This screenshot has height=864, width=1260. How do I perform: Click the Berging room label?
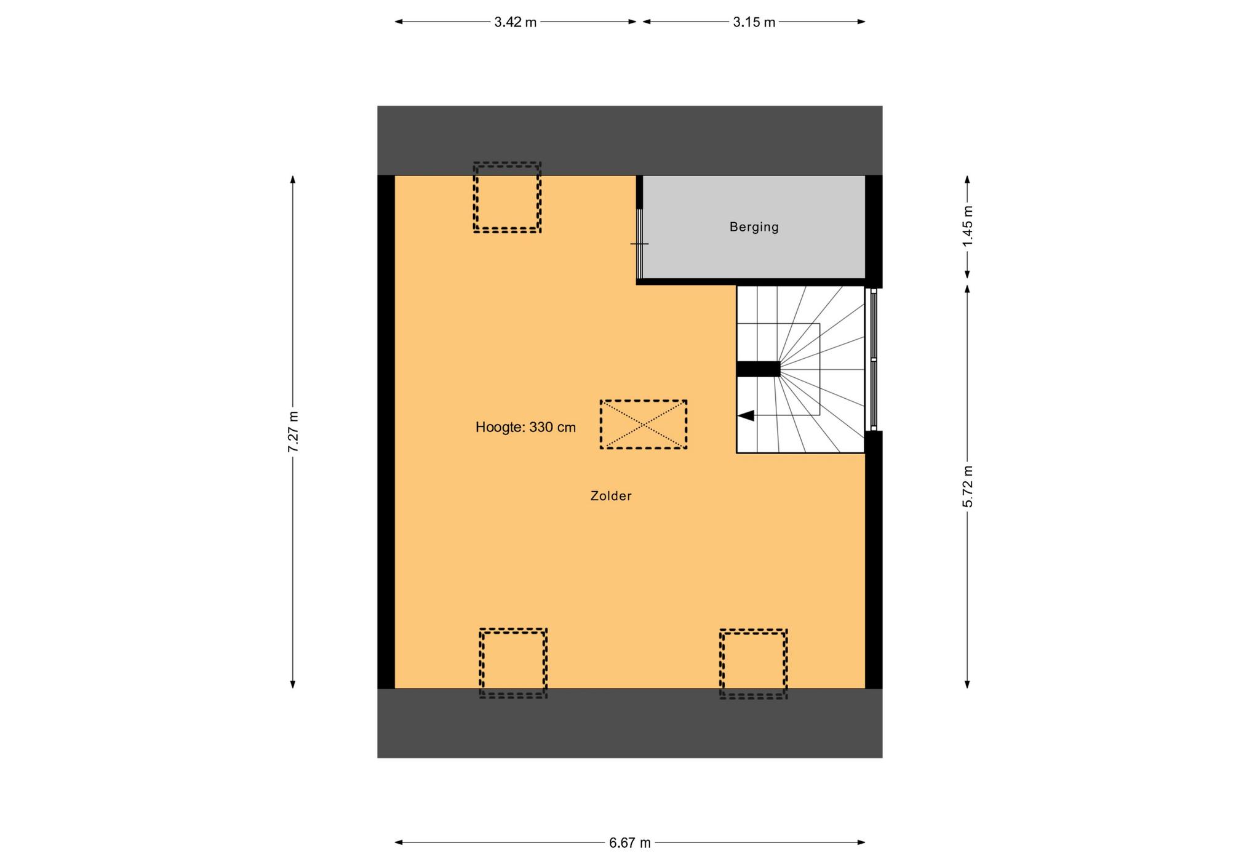754,227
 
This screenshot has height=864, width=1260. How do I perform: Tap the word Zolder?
611,496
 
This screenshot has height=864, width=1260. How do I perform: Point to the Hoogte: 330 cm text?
525,427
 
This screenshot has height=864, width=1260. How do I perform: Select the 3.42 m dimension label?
516,22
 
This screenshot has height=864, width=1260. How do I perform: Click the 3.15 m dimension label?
754,22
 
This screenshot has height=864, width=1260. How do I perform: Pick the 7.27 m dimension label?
293,431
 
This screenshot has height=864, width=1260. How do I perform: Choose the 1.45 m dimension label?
968,226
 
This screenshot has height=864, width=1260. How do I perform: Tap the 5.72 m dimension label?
968,486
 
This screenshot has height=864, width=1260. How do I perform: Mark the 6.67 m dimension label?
630,843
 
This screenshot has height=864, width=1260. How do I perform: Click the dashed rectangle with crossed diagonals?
644,425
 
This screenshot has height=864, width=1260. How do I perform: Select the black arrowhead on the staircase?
746,416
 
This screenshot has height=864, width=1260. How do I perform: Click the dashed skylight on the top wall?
507,198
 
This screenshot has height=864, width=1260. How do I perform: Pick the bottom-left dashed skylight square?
513,663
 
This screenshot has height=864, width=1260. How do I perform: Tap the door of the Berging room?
640,244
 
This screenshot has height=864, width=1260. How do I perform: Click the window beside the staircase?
872,359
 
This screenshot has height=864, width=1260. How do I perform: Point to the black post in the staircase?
759,369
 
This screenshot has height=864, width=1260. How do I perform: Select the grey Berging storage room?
754,227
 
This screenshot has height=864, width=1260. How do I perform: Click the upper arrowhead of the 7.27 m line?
293,180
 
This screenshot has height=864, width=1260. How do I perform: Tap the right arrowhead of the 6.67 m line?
861,842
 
